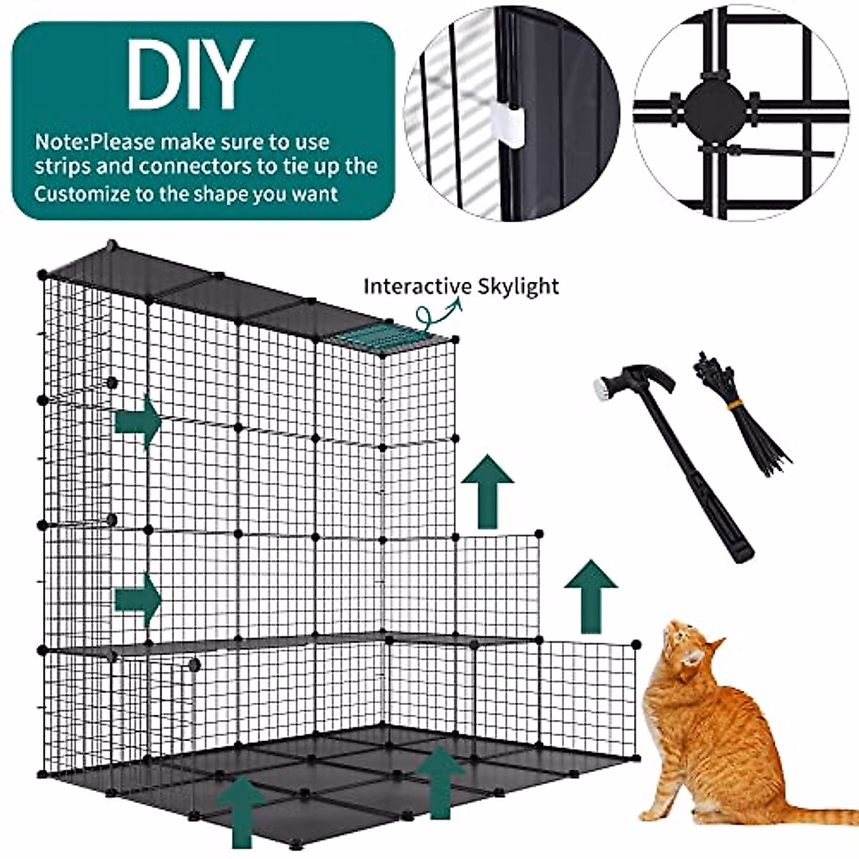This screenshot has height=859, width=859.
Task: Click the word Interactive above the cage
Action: pyautogui.click(x=412, y=286)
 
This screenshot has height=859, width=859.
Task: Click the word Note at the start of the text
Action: pyautogui.click(x=60, y=142)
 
